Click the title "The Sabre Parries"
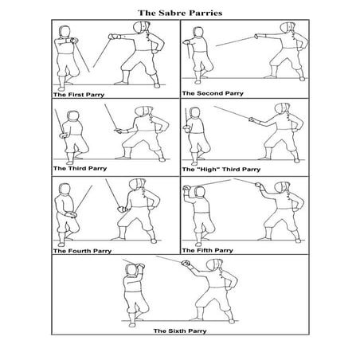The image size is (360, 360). (178, 13)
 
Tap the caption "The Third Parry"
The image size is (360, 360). (76, 169)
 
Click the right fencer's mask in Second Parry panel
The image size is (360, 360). (289, 34)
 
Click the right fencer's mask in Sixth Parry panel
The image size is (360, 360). (211, 268)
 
